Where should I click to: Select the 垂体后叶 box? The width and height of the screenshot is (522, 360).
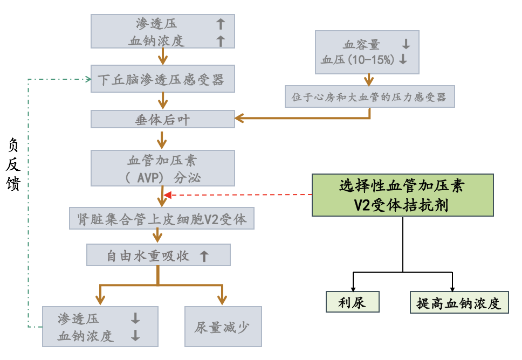[x=163, y=119]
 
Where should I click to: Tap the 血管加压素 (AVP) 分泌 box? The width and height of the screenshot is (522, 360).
[x=163, y=168]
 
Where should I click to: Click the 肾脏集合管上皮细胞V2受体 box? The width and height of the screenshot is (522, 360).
[x=162, y=219]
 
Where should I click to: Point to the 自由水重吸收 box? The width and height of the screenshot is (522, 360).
[x=159, y=255]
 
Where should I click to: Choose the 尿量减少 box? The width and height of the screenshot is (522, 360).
[x=223, y=327]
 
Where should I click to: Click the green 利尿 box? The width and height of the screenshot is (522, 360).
[x=353, y=302]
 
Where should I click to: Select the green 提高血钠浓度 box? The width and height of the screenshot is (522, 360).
[x=459, y=302]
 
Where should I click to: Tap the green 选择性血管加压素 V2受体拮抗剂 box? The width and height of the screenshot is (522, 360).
[x=402, y=195]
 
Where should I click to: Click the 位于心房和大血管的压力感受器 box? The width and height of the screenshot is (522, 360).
[x=369, y=97]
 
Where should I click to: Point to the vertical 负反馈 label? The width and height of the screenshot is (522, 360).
[x=14, y=164]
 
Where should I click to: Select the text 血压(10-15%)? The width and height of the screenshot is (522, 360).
[x=358, y=60]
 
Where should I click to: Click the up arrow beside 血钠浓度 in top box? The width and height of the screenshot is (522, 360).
[x=220, y=40]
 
